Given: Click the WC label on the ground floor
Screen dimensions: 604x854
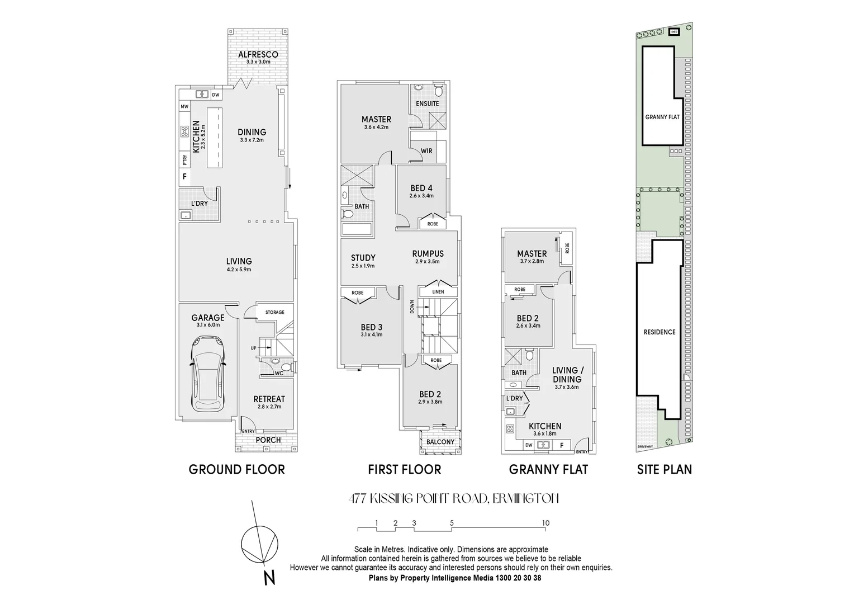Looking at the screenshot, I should [278, 373].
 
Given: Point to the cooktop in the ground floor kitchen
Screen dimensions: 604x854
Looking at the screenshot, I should [185, 132].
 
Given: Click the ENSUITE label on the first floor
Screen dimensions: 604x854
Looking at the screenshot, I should [428, 103].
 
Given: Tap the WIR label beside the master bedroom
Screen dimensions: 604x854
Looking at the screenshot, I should [426, 151].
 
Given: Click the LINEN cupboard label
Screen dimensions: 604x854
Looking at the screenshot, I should [438, 292].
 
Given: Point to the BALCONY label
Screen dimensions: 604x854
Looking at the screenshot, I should [440, 442].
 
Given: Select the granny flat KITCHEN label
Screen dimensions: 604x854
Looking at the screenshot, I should [547, 426].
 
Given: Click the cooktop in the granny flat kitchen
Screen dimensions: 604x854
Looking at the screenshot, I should [510, 430].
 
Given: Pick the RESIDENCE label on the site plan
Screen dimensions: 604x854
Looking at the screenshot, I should [660, 332].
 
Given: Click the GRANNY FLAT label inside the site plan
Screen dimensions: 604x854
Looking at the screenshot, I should [662, 117].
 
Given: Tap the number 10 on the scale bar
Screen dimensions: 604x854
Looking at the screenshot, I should [546, 523].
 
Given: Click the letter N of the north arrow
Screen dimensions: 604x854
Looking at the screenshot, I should [269, 577].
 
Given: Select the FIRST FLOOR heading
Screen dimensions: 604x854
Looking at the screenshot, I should [404, 470].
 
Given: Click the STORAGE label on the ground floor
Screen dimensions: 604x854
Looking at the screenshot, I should [274, 312].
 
